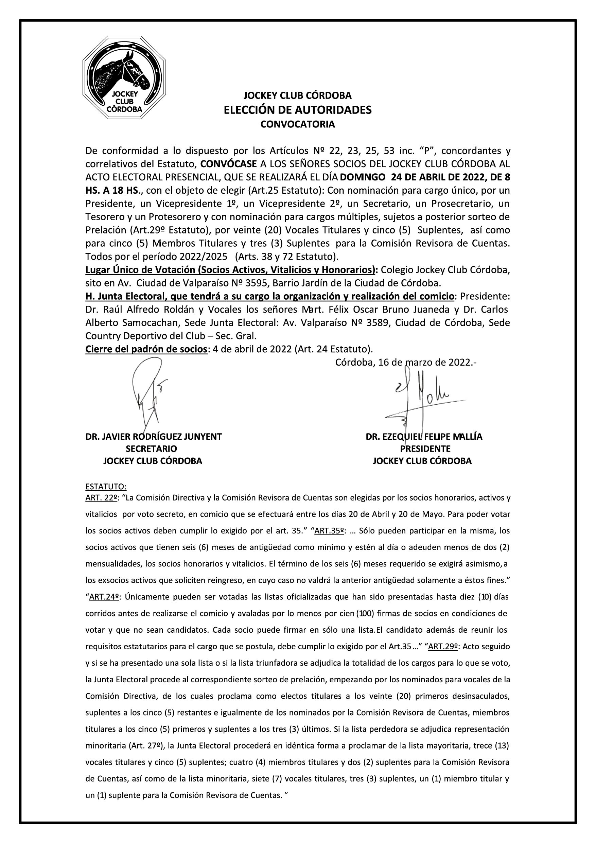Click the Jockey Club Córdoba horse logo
pos(124,77)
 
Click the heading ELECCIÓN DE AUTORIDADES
pos(297,110)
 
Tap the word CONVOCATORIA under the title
pos(297,124)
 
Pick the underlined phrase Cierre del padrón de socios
pos(146,349)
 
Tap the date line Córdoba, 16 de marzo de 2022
pos(406,363)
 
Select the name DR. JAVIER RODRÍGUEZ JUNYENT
pos(154,437)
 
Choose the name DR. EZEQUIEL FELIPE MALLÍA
pos(424,437)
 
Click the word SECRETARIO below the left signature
pos(151,449)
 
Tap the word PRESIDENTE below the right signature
pos(425,449)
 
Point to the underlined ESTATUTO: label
pos(106,487)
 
